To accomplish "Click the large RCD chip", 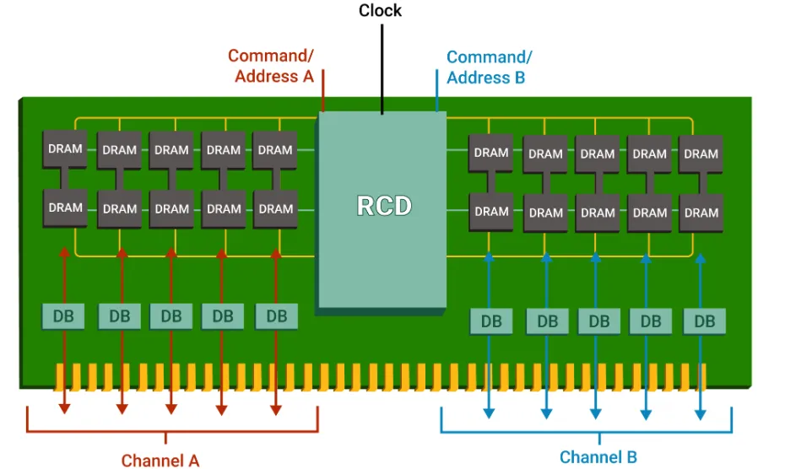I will (x=382, y=207).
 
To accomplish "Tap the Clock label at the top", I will (x=381, y=11).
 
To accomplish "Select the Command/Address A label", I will (x=270, y=66).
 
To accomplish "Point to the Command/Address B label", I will (x=489, y=67).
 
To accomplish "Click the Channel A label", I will (x=160, y=460).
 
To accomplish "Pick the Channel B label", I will (x=598, y=457).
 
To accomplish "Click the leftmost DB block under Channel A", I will (x=63, y=316).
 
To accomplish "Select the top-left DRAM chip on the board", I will (x=65, y=149).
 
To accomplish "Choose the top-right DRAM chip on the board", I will (x=701, y=154).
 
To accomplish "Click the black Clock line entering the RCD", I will (x=382, y=67).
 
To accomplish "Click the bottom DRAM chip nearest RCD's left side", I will (x=275, y=208).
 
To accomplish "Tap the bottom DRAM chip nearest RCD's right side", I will (x=491, y=211).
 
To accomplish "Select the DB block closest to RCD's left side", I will (x=276, y=316).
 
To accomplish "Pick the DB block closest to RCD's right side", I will (x=491, y=321).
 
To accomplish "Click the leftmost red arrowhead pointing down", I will (x=64, y=408).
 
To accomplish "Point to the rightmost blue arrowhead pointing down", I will (x=701, y=413).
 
